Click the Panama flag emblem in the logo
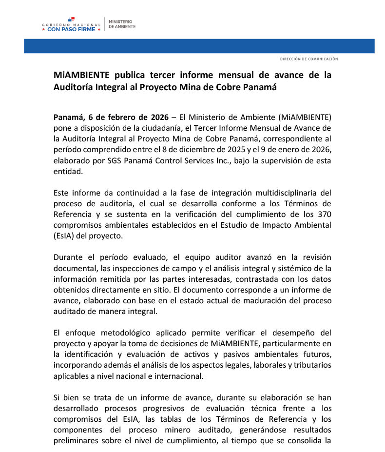coord(72,19)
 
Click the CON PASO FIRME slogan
coord(72,30)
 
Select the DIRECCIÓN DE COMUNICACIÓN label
coord(308,59)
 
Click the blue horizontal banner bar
coord(199,46)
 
